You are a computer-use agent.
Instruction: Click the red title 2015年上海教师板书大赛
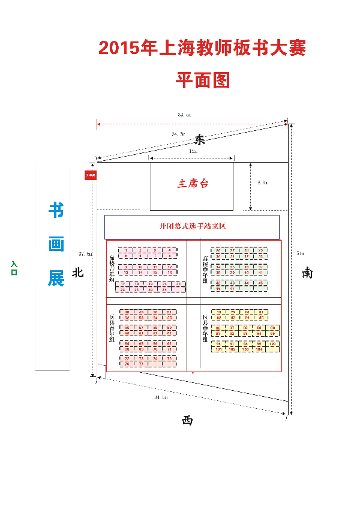pyautogui.click(x=202, y=49)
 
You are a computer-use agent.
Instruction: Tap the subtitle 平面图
pyautogui.click(x=203, y=80)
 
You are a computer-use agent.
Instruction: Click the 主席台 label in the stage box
pyautogui.click(x=193, y=184)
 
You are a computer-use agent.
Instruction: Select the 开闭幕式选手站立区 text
pyautogui.click(x=192, y=227)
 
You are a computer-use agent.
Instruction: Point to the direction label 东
pyautogui.click(x=200, y=140)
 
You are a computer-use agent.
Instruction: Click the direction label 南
pyautogui.click(x=307, y=273)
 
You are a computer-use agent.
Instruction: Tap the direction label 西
pyautogui.click(x=187, y=421)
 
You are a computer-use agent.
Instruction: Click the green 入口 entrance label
pyautogui.click(x=13, y=268)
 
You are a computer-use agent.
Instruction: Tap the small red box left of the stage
pyautogui.click(x=91, y=175)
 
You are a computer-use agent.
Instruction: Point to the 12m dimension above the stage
pyautogui.click(x=192, y=152)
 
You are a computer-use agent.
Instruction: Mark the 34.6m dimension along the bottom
pyautogui.click(x=161, y=397)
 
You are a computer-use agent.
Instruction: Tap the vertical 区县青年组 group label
pyautogui.click(x=112, y=328)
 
